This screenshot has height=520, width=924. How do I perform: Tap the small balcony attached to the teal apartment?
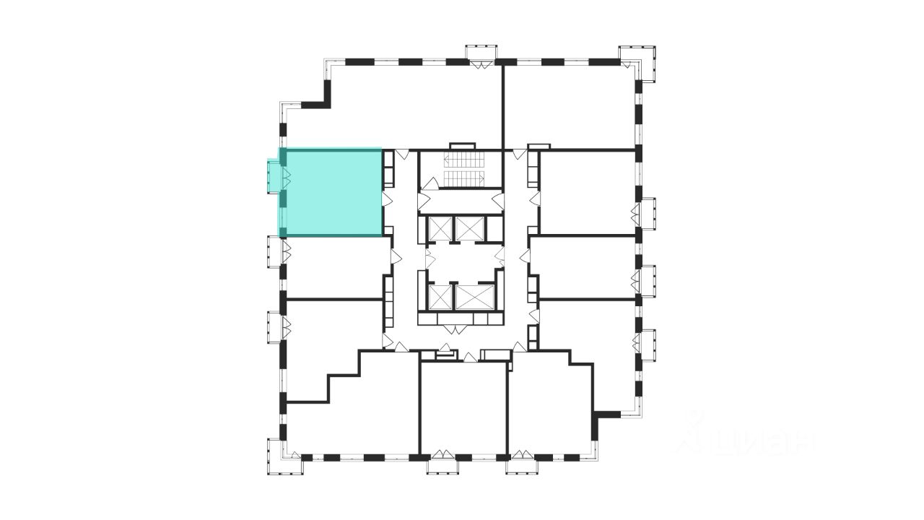point(274,176)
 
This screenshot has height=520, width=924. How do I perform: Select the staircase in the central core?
point(461,169)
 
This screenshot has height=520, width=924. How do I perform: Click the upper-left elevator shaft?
point(439,228)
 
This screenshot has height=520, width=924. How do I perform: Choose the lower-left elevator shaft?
point(439,296)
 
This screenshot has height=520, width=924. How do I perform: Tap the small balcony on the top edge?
point(481,53)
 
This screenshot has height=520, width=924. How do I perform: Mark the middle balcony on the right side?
point(647,281)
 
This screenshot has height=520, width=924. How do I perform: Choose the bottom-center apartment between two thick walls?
point(463,408)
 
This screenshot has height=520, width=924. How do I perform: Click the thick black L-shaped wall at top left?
point(318,98)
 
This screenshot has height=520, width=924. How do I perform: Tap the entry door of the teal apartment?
point(385,198)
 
